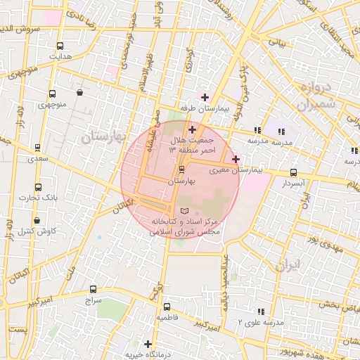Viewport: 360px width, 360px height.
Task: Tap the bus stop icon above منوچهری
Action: (52, 94)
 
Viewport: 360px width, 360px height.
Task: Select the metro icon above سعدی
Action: (37, 148)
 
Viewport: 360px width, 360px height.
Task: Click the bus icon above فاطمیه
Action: (167, 307)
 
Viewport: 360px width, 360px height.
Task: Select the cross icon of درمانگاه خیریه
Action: (147, 344)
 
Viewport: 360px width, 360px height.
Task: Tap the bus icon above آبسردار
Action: (293, 172)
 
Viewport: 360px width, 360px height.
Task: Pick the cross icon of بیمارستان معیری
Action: (236, 159)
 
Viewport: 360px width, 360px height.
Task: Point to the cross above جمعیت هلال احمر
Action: (192, 129)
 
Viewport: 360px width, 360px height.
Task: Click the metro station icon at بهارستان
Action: (182, 169)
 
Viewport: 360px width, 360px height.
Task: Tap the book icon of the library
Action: (185, 211)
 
